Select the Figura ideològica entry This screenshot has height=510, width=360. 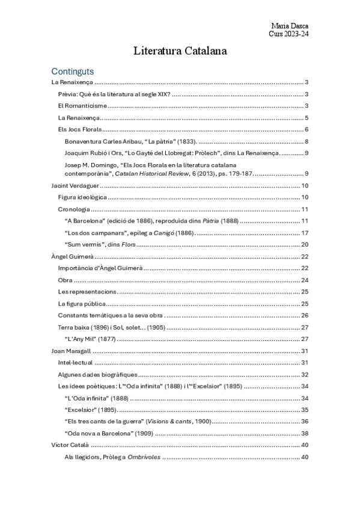point(82,197)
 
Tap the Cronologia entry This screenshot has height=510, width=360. point(74,209)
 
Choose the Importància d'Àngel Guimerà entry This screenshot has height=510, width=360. point(100,268)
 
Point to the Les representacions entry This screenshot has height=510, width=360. point(87,291)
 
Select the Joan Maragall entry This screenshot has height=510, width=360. point(70,351)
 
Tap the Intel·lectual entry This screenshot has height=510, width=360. point(75,362)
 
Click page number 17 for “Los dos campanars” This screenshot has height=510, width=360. point(305,233)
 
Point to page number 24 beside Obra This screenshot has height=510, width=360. point(305,280)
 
